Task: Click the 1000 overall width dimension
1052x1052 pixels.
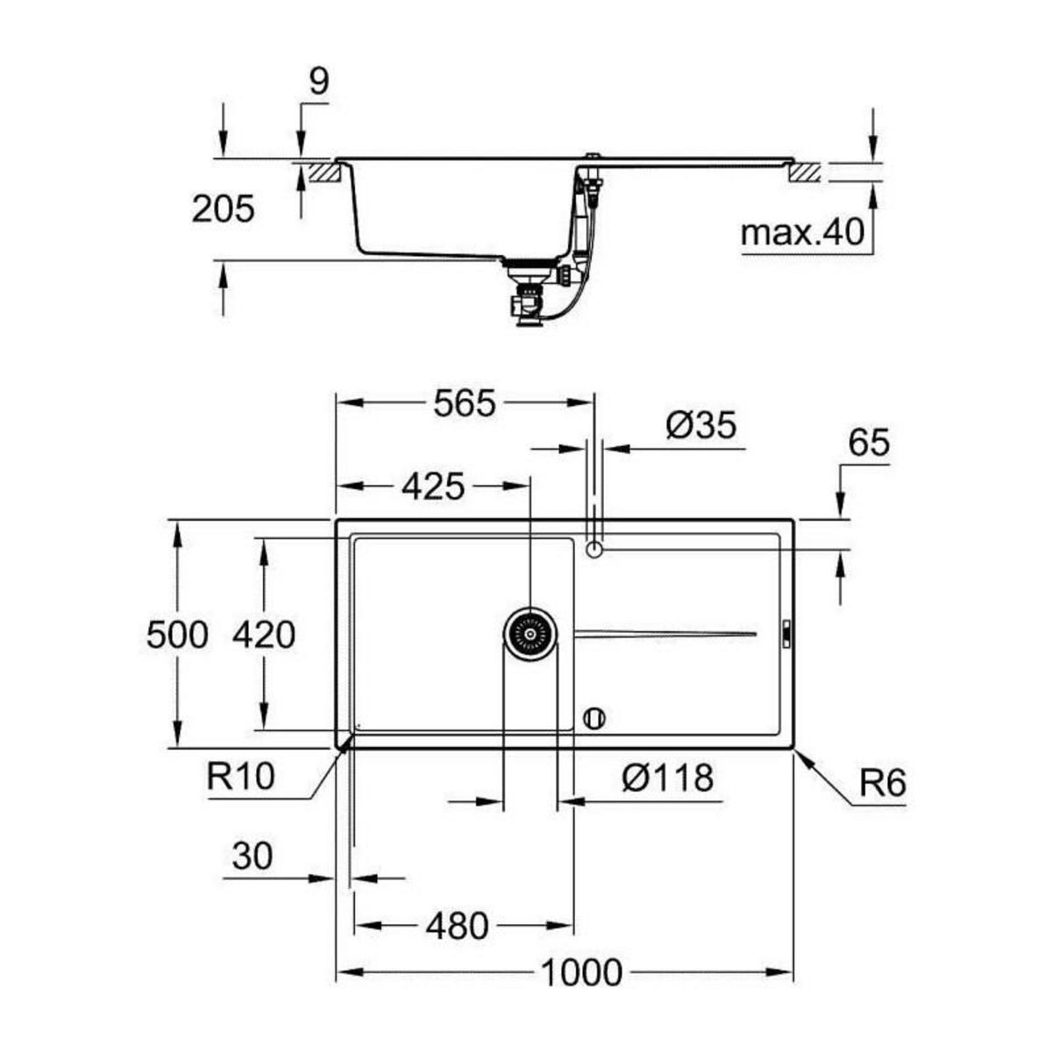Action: (x=581, y=972)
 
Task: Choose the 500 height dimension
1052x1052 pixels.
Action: (x=177, y=635)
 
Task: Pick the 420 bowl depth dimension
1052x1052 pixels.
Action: (x=263, y=635)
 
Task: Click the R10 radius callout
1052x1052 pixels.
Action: (x=241, y=775)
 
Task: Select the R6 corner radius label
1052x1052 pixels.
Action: (x=881, y=783)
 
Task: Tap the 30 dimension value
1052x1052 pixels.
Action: (x=252, y=856)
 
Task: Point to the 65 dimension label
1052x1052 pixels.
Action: (x=868, y=443)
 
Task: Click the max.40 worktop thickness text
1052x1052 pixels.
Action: (x=802, y=233)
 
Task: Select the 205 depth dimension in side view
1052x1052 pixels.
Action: (x=223, y=210)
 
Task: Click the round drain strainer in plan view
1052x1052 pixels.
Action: (x=530, y=630)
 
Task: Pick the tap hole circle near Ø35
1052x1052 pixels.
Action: (x=594, y=550)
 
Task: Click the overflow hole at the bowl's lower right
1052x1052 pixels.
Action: (x=594, y=716)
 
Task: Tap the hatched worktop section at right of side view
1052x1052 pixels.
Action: (x=805, y=171)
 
